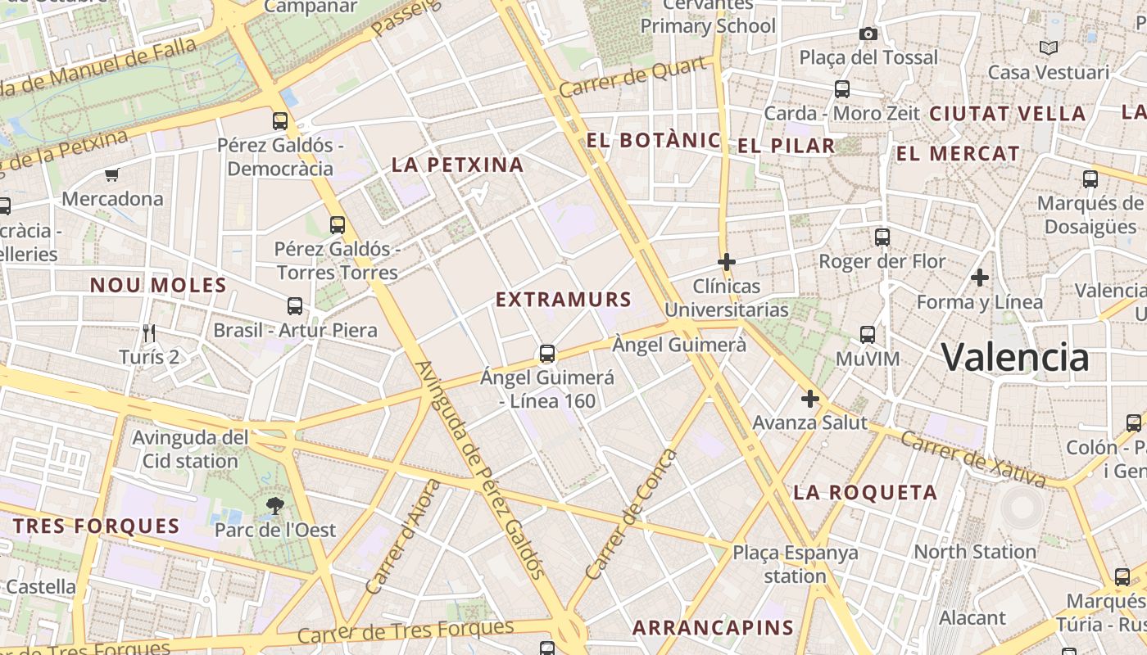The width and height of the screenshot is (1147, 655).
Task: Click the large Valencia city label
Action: [1015, 357]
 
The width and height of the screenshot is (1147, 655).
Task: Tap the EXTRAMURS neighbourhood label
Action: [564, 300]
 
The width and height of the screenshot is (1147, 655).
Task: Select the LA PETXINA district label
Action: [457, 165]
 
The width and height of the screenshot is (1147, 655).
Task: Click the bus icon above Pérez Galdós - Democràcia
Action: [280, 121]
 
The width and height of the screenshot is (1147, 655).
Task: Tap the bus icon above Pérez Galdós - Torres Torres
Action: [337, 225]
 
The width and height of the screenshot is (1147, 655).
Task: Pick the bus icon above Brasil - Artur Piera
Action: [295, 306]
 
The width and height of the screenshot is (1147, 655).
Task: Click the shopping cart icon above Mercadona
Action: [112, 174]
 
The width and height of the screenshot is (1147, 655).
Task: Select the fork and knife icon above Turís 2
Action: [149, 332]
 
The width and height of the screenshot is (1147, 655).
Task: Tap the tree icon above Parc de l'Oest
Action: [275, 506]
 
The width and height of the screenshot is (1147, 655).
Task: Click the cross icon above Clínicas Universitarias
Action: [726, 262]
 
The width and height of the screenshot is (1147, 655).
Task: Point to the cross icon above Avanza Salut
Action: [810, 399]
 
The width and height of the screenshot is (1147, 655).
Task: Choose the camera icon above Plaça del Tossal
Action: [868, 34]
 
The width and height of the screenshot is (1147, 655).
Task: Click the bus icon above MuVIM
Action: [868, 334]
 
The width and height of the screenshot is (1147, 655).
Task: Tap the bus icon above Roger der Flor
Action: [882, 237]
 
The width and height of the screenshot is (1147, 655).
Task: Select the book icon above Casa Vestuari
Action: [1049, 47]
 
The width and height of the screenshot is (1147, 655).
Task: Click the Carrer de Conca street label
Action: [632, 513]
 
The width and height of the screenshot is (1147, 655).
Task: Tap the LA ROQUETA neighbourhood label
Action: [865, 492]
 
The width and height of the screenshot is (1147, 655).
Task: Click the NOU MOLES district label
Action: [158, 286]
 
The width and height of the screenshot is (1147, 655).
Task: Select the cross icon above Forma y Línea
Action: [980, 278]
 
